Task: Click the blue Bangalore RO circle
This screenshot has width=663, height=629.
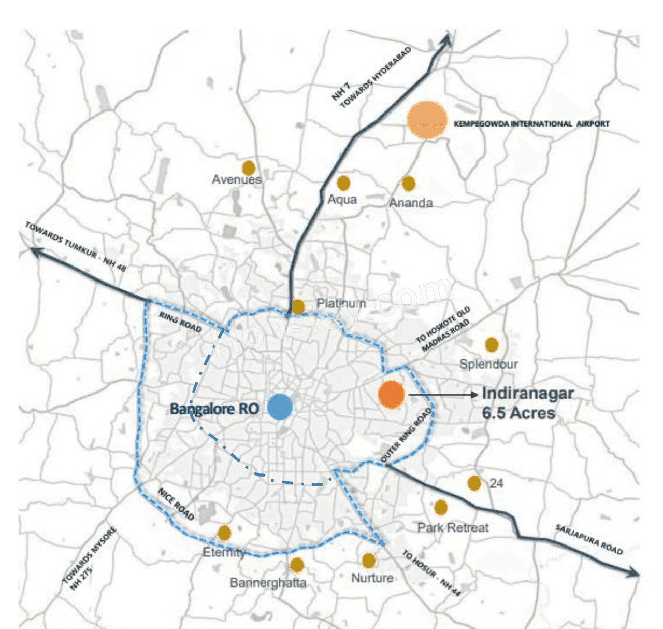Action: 280,407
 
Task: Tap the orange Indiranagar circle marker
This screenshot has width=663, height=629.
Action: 391,394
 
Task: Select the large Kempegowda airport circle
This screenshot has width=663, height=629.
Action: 427,120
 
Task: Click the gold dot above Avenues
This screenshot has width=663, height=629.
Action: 249,168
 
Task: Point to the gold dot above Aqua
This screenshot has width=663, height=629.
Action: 343,183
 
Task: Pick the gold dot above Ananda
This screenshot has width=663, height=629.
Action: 409,183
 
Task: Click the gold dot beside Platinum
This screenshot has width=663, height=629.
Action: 298,306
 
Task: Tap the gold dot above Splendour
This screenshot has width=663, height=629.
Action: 492,344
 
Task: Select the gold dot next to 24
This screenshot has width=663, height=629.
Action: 474,483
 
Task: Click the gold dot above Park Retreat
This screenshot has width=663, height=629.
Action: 441,507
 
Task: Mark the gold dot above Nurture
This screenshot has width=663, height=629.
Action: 369,561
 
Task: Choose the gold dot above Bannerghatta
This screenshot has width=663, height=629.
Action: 297,565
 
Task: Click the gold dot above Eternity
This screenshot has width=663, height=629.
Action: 224,533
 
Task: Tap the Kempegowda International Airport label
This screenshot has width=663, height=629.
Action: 531,124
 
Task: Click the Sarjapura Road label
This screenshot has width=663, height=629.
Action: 589,540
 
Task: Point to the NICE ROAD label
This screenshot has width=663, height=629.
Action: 176,504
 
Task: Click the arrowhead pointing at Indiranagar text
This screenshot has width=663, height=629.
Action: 473,395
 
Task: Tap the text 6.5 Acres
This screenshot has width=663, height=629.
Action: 518,413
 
